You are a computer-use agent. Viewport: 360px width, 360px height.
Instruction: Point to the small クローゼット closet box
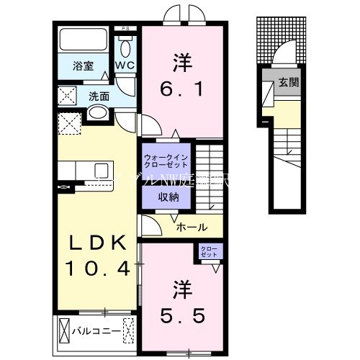coord(212,251)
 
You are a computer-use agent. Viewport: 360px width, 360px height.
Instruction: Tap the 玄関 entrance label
coord(289,81)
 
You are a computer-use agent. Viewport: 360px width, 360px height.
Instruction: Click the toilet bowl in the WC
coord(127,49)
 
